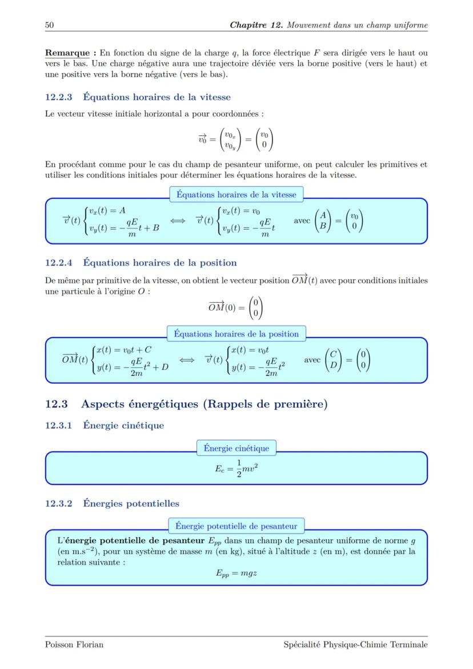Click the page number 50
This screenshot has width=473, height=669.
49,25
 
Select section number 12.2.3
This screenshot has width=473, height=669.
59,97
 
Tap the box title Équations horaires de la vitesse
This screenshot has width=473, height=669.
236,194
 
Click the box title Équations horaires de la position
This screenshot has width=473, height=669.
236,334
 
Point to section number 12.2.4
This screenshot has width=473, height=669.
59,263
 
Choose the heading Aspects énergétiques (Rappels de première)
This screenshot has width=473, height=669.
204,404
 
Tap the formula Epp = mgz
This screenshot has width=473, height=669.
236,572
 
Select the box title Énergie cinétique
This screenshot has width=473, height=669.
236,448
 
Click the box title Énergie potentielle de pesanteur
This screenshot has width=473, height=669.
236,526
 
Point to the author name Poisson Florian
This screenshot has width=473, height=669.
74,644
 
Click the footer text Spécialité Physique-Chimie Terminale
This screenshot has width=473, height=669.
355,644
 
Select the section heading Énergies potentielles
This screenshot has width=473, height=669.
131,503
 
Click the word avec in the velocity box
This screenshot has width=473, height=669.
302,221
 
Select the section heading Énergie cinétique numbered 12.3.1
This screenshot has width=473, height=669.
123,426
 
